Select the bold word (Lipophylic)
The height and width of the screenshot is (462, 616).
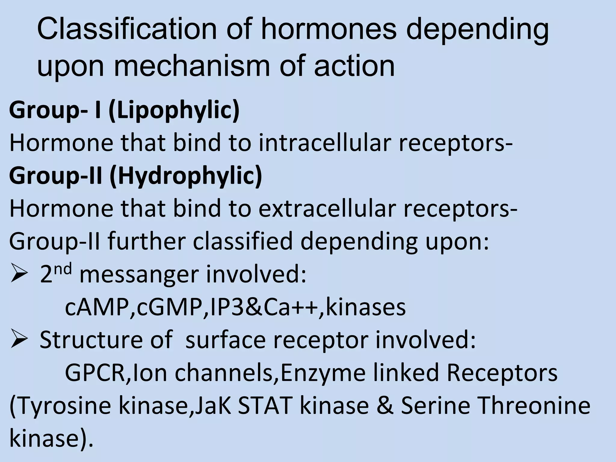click(x=174, y=111)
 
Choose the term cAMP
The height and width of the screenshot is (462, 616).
click(x=97, y=308)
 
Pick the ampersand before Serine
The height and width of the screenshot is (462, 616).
click(x=385, y=405)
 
